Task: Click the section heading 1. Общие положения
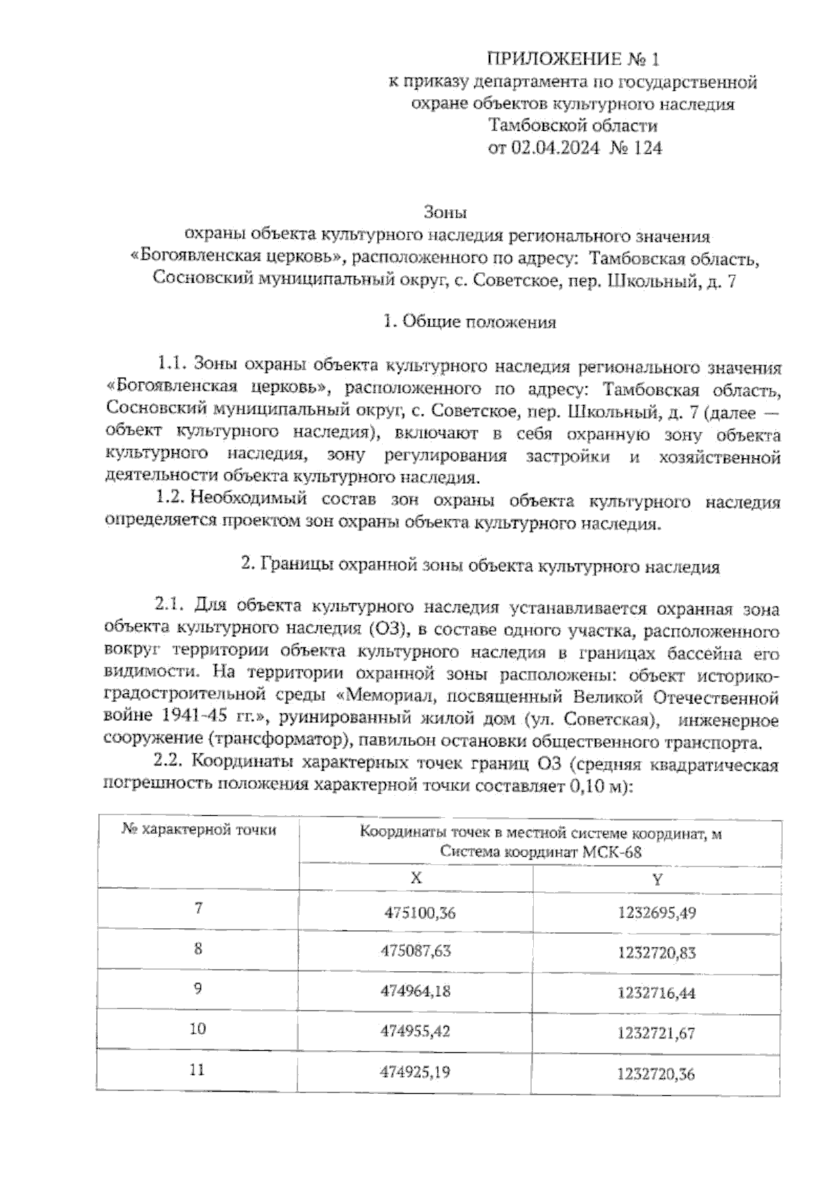(x=469, y=322)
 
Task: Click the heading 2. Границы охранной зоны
(x=480, y=566)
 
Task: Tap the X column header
(x=416, y=878)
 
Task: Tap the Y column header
(x=657, y=879)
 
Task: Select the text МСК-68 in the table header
(x=612, y=853)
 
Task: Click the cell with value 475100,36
(x=420, y=913)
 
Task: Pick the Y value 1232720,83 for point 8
(x=656, y=953)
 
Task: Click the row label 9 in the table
(x=198, y=988)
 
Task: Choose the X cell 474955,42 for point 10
(x=415, y=1031)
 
